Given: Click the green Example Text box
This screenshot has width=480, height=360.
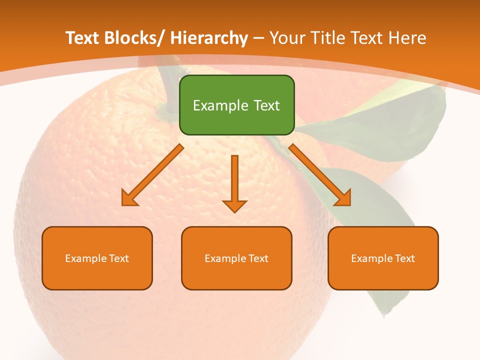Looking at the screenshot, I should click(x=236, y=105).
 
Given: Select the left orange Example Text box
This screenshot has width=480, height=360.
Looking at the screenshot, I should click(x=97, y=258).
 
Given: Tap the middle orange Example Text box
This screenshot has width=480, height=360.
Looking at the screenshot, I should click(x=236, y=258).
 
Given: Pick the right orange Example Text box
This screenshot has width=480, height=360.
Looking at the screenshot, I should click(x=383, y=258).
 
